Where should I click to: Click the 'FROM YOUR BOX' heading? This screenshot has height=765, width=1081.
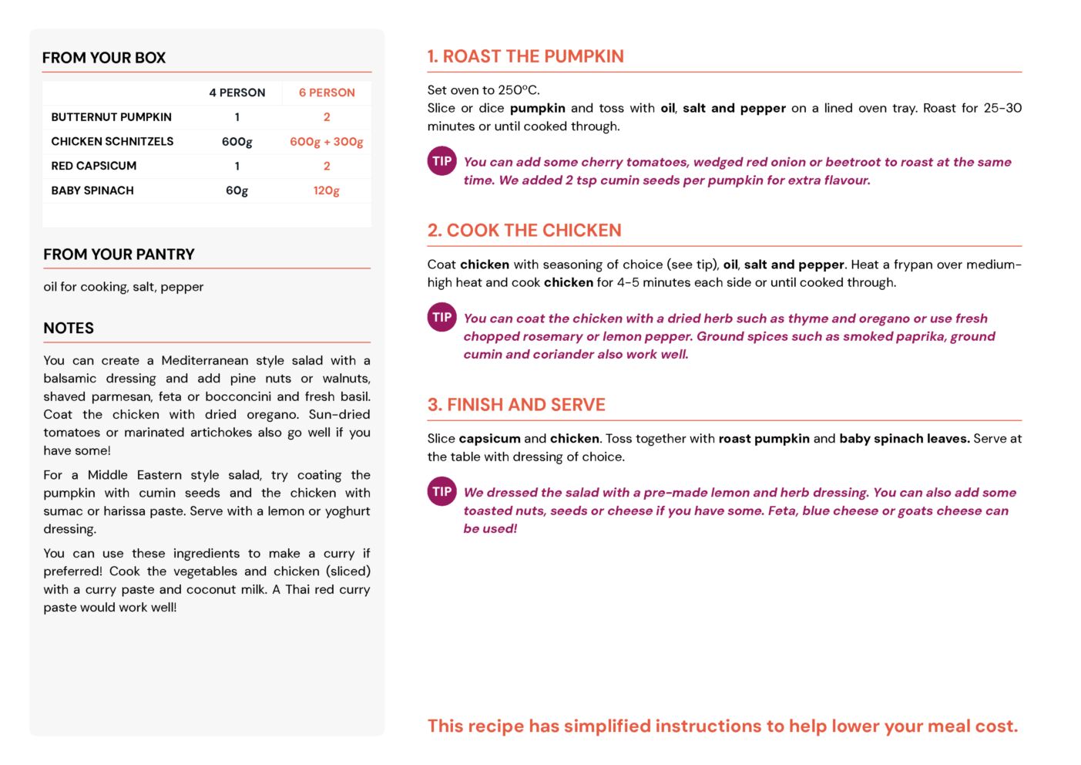104,58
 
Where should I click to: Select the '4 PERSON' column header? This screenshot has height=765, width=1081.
237,93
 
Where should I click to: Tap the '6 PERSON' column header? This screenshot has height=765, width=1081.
327,93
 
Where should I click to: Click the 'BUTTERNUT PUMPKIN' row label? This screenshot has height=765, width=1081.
111,117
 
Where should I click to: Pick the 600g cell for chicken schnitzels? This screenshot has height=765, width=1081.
237,142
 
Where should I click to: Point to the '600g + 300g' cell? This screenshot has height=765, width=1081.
327,142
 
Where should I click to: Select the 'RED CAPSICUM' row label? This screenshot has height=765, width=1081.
93,166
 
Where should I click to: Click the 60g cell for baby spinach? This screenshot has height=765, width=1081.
237,190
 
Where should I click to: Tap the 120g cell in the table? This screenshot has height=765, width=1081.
327,190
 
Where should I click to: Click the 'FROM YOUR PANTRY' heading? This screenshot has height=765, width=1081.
119,254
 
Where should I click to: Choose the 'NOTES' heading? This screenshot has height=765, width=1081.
69,329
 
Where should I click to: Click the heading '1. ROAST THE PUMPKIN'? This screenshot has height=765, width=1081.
525,56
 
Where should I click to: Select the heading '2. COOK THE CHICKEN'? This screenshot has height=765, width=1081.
524,231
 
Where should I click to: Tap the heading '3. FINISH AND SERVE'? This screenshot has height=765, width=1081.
516,405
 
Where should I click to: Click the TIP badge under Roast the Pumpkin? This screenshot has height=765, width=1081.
441,161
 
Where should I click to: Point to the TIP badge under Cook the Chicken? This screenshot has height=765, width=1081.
441,317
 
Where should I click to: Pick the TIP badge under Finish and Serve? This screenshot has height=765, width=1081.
441,491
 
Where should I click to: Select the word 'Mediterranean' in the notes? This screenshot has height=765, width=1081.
204,361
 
